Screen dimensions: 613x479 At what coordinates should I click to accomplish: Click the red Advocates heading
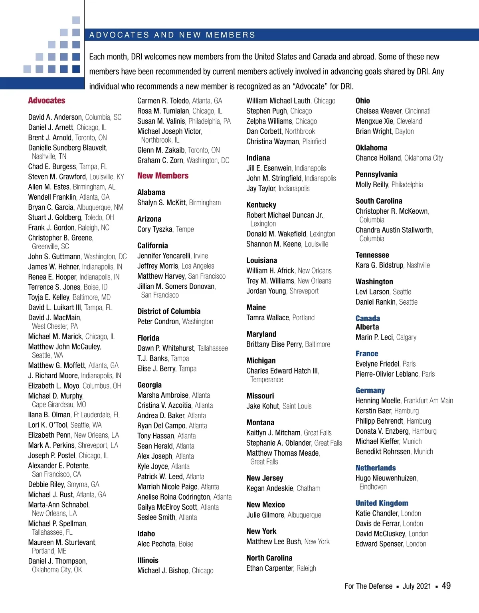point(47,101)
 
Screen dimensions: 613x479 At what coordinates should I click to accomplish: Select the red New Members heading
point(163,176)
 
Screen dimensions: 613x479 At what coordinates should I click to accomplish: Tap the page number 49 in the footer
point(446,586)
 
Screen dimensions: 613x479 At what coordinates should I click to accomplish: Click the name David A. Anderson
point(55,117)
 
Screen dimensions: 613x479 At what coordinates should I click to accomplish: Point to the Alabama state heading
point(151,192)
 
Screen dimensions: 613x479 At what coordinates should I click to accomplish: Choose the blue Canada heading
point(368,318)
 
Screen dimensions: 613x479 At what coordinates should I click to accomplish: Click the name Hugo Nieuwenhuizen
point(386,478)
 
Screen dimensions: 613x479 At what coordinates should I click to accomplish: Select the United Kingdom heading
point(382,503)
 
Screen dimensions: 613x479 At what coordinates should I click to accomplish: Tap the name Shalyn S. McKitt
point(161,203)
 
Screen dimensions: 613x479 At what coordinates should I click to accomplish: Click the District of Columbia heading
point(169,311)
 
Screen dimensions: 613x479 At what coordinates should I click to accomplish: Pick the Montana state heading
point(260,423)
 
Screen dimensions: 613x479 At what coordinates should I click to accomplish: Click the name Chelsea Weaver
point(378,111)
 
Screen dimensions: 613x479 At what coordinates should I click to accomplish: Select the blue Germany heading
point(370,391)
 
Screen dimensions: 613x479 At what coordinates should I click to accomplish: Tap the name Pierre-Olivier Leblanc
point(387,374)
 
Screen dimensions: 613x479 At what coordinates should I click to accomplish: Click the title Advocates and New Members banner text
point(172,35)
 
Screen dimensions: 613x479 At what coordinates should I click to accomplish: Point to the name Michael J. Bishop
point(162,571)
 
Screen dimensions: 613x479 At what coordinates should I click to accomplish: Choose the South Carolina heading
point(379,201)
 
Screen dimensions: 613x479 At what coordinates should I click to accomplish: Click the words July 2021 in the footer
point(417,586)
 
